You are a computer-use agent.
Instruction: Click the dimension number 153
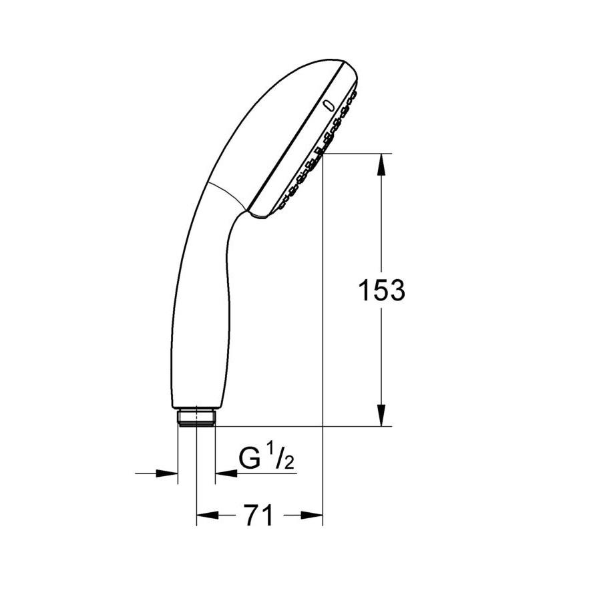[381, 290]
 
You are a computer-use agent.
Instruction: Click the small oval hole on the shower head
[328, 105]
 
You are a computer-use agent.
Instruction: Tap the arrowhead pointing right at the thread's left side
[167, 473]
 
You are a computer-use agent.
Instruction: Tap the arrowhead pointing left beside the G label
[226, 473]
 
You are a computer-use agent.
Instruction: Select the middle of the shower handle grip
[200, 300]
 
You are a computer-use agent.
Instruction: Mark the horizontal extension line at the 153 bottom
[300, 426]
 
